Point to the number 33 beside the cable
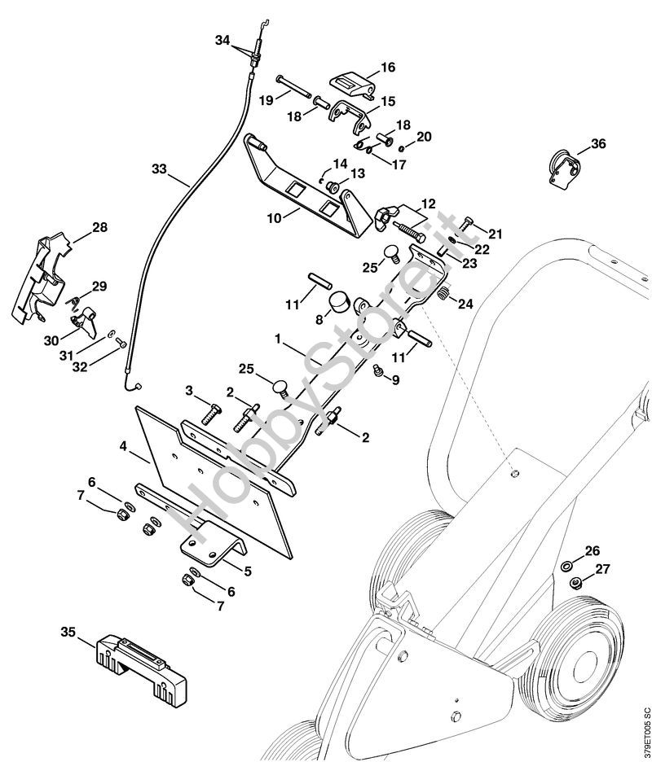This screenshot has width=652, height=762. [159, 169]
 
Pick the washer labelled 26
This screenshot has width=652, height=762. [566, 565]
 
